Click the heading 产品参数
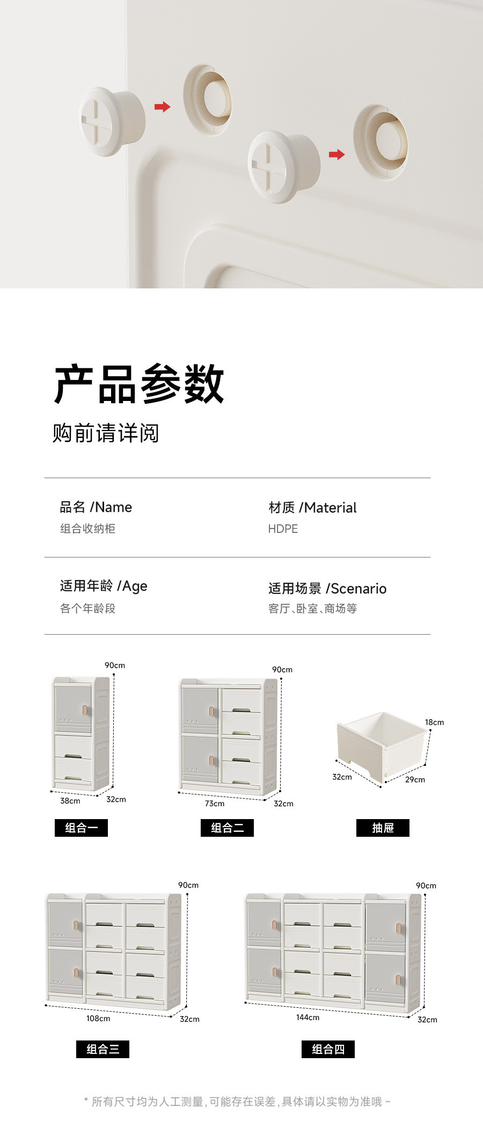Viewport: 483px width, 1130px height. coord(139,384)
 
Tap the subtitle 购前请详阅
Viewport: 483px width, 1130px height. coord(106,433)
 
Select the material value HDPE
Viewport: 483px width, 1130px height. coord(283,529)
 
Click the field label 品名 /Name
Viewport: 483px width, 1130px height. coord(96,507)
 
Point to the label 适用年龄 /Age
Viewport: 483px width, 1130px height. coord(104,586)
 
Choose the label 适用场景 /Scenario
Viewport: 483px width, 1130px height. coord(327,589)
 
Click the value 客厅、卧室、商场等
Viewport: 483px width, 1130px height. coord(312,608)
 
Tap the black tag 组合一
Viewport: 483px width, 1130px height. coord(81,828)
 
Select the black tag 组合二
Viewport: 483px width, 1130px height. coord(227,828)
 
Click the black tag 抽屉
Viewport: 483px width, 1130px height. coord(383,828)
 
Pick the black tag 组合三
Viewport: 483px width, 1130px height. coord(103,1049)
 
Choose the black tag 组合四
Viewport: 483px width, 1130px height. coord(328,1049)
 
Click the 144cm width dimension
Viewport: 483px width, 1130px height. coord(308,1017)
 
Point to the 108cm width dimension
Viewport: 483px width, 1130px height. coord(98,1019)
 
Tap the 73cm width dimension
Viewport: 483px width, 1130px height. coord(215,804)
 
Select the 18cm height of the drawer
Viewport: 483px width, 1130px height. coord(434,723)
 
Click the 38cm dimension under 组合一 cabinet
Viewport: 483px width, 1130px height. coord(70,801)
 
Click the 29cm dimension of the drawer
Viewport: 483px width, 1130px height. coord(415,779)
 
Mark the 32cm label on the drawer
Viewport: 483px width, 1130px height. coord(342,777)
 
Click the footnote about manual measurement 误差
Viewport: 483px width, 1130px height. coord(237,1102)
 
